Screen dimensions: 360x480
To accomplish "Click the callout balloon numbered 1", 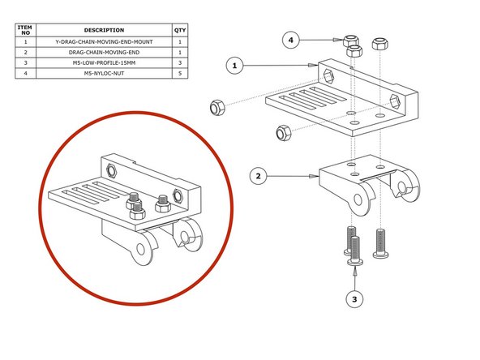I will [234, 66].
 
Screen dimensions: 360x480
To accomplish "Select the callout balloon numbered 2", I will [257, 175].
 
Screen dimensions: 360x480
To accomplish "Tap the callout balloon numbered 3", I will [354, 299].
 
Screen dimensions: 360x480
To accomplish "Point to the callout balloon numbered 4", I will [294, 39].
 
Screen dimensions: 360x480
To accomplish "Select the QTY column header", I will [179, 30].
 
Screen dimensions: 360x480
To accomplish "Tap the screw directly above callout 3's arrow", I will [354, 250].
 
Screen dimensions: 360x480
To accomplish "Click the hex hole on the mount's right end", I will [394, 102].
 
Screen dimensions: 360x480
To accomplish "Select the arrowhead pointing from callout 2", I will [312, 175].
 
